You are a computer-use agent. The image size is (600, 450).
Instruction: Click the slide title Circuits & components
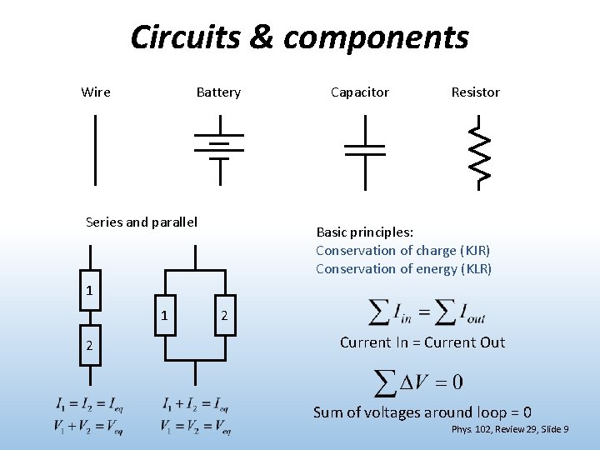pyautogui.click(x=299, y=37)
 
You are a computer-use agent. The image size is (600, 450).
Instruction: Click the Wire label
pyautogui.click(x=96, y=92)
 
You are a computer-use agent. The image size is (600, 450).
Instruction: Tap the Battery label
pyautogui.click(x=218, y=92)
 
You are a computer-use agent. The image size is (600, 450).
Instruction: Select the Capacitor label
pyautogui.click(x=359, y=92)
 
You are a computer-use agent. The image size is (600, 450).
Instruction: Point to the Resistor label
pyautogui.click(x=475, y=92)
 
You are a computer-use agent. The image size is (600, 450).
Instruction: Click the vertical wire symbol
pyautogui.click(x=96, y=150)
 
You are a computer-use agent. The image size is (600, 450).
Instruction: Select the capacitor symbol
pyautogui.click(x=365, y=150)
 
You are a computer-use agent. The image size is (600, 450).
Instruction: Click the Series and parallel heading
pyautogui.click(x=142, y=222)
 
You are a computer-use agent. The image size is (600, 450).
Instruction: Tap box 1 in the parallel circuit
pyautogui.click(x=166, y=316)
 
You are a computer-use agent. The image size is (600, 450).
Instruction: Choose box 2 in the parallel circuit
pyautogui.click(x=223, y=316)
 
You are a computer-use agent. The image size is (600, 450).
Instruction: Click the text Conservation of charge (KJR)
pyautogui.click(x=403, y=250)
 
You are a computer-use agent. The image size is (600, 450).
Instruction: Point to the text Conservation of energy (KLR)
pyautogui.click(x=403, y=268)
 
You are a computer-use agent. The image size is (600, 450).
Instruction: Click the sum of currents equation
pyautogui.click(x=427, y=312)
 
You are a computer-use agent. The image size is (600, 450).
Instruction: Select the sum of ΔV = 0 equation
pyautogui.click(x=419, y=382)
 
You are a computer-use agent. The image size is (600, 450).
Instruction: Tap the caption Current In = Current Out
pyautogui.click(x=422, y=342)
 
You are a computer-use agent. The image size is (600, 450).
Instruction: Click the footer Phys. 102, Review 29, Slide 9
pyautogui.click(x=510, y=429)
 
